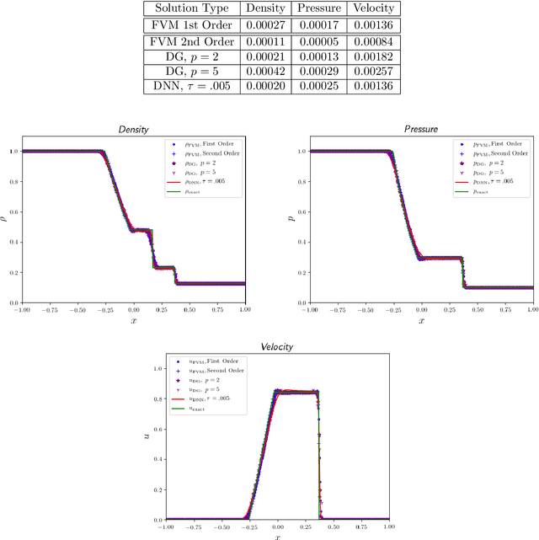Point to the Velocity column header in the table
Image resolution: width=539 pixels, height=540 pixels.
coord(368,8)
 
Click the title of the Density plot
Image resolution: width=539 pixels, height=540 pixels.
coord(132,131)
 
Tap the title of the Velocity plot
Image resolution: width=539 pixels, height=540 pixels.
coord(277,347)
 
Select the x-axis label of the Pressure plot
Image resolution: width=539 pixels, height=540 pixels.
coord(422,321)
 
